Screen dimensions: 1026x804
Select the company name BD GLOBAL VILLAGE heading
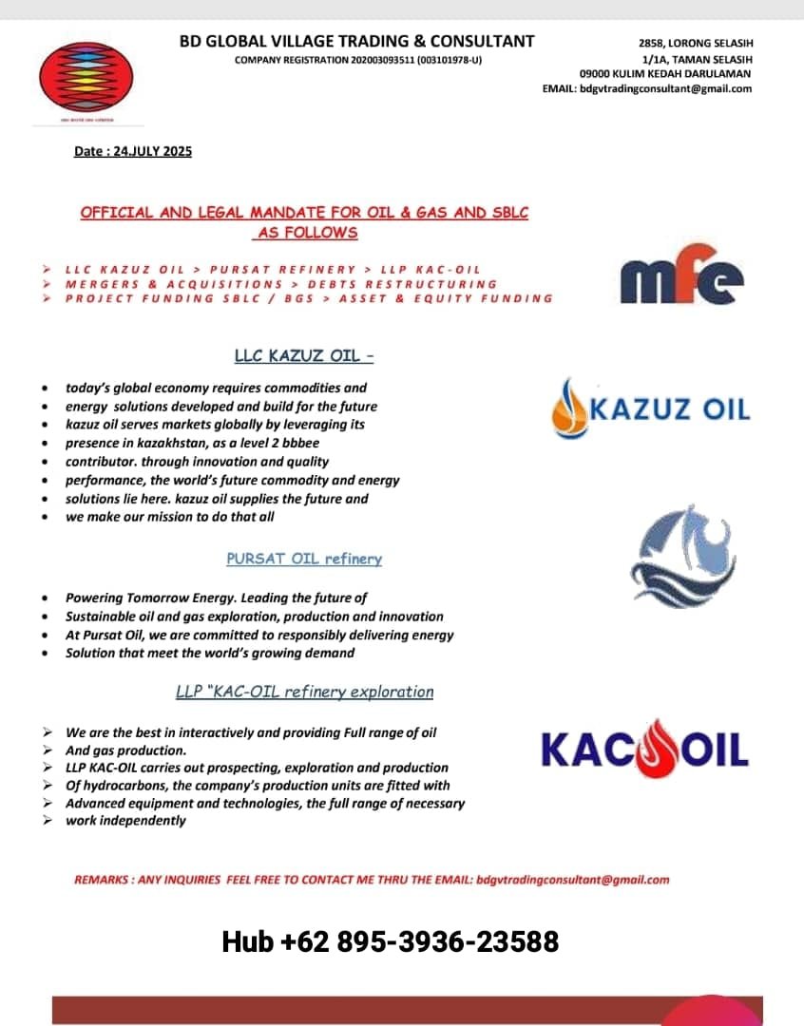tap(356, 42)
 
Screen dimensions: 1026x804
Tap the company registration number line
tap(358, 61)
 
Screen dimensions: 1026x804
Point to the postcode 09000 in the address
tap(596, 73)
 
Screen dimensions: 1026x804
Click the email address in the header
tap(665, 88)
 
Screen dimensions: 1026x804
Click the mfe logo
tap(681, 276)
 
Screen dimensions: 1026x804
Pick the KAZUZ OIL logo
tap(651, 409)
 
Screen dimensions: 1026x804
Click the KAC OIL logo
tap(644, 749)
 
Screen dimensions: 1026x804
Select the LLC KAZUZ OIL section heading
tap(304, 356)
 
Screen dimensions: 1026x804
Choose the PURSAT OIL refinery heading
tap(304, 559)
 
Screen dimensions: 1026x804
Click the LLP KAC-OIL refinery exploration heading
tap(304, 692)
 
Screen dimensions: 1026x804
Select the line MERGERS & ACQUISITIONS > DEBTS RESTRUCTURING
tap(280, 284)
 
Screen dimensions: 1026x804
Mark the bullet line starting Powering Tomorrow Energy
tap(216, 598)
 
